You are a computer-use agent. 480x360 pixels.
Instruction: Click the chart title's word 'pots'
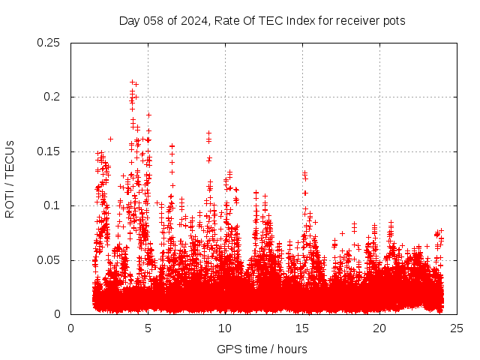pyautogui.click(x=394, y=21)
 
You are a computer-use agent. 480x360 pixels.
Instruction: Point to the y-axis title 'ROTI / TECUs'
pyautogui.click(x=10, y=178)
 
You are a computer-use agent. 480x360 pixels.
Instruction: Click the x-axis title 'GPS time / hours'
pyautogui.click(x=262, y=349)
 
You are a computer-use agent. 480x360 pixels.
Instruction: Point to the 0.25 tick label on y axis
pyautogui.click(x=49, y=43)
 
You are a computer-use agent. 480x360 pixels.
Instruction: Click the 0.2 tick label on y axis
pyautogui.click(x=52, y=97)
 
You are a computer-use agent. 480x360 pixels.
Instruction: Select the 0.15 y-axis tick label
pyautogui.click(x=49, y=151)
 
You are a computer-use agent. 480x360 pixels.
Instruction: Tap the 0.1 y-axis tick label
pyautogui.click(x=52, y=205)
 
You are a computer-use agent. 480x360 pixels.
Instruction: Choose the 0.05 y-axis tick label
pyautogui.click(x=49, y=260)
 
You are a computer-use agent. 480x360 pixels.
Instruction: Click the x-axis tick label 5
pyautogui.click(x=148, y=328)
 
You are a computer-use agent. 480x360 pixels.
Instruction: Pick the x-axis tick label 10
pyautogui.click(x=225, y=328)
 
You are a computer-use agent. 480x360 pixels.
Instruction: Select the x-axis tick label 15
pyautogui.click(x=302, y=328)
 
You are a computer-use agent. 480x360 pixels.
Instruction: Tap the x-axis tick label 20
pyautogui.click(x=379, y=328)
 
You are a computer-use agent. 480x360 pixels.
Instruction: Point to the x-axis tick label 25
pyautogui.click(x=457, y=328)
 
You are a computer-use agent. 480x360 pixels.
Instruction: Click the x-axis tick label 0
pyautogui.click(x=70, y=328)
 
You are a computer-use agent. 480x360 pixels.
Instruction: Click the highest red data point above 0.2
pyautogui.click(x=133, y=82)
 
